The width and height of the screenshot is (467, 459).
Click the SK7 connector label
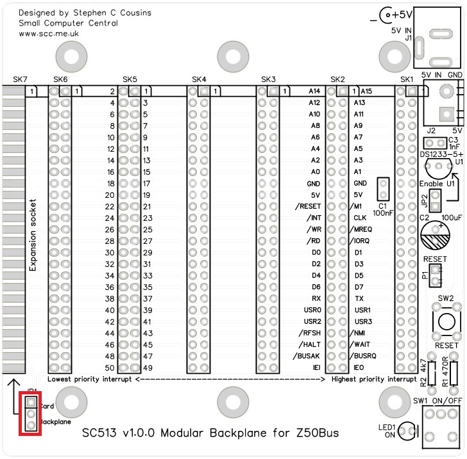click(20, 79)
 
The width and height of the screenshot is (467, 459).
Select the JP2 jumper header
click(435, 200)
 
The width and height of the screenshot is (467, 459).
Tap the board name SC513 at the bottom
click(102, 433)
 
